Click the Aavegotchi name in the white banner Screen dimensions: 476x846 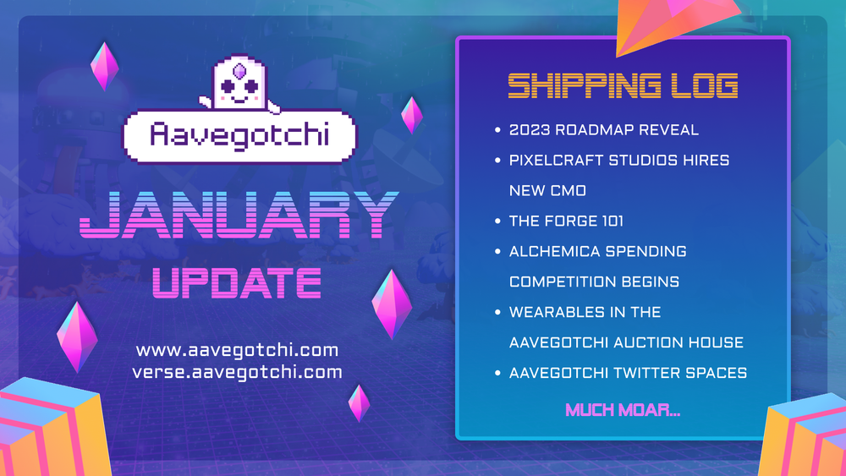click(240, 134)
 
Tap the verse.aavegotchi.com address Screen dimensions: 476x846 click(237, 372)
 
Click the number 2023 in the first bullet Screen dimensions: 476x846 click(530, 130)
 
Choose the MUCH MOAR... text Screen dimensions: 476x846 click(623, 411)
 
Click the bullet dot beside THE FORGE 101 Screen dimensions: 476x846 click(497, 222)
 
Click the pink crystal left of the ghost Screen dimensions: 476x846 click(104, 66)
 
